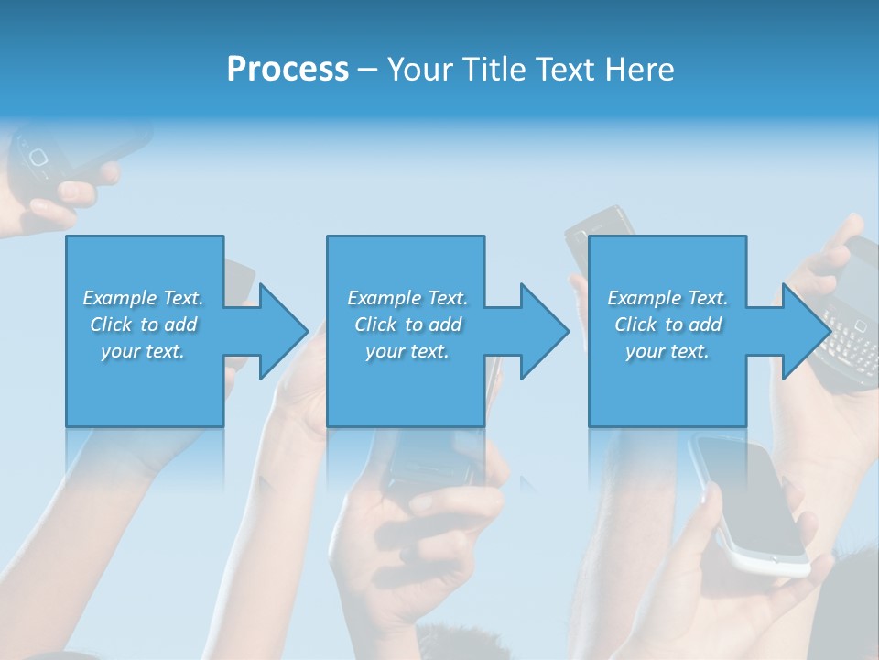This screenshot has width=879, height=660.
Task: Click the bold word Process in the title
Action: pyautogui.click(x=288, y=70)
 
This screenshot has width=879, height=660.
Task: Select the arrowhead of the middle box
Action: pyautogui.click(x=543, y=331)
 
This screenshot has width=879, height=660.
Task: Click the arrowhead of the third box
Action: pyautogui.click(x=804, y=331)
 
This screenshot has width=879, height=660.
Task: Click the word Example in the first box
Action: pyautogui.click(x=121, y=298)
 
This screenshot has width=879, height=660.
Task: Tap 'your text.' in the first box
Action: pyautogui.click(x=143, y=351)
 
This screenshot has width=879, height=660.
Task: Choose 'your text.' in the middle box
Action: pyautogui.click(x=407, y=351)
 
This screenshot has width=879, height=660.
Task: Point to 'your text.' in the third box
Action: pyautogui.click(x=667, y=351)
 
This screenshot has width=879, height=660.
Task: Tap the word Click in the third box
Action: pyautogui.click(x=635, y=324)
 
